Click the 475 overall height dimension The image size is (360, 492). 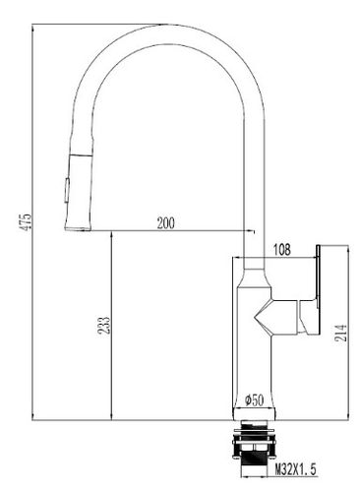[x=26, y=221]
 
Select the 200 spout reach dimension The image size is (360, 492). [x=166, y=223]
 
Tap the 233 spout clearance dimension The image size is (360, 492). [x=105, y=325]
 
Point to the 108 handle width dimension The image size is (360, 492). [x=282, y=250]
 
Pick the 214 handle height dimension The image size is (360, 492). [x=340, y=333]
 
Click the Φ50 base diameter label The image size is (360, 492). [x=254, y=400]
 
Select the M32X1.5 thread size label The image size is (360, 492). [x=296, y=469]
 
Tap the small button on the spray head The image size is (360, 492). [x=67, y=190]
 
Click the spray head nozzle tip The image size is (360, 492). [x=78, y=228]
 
